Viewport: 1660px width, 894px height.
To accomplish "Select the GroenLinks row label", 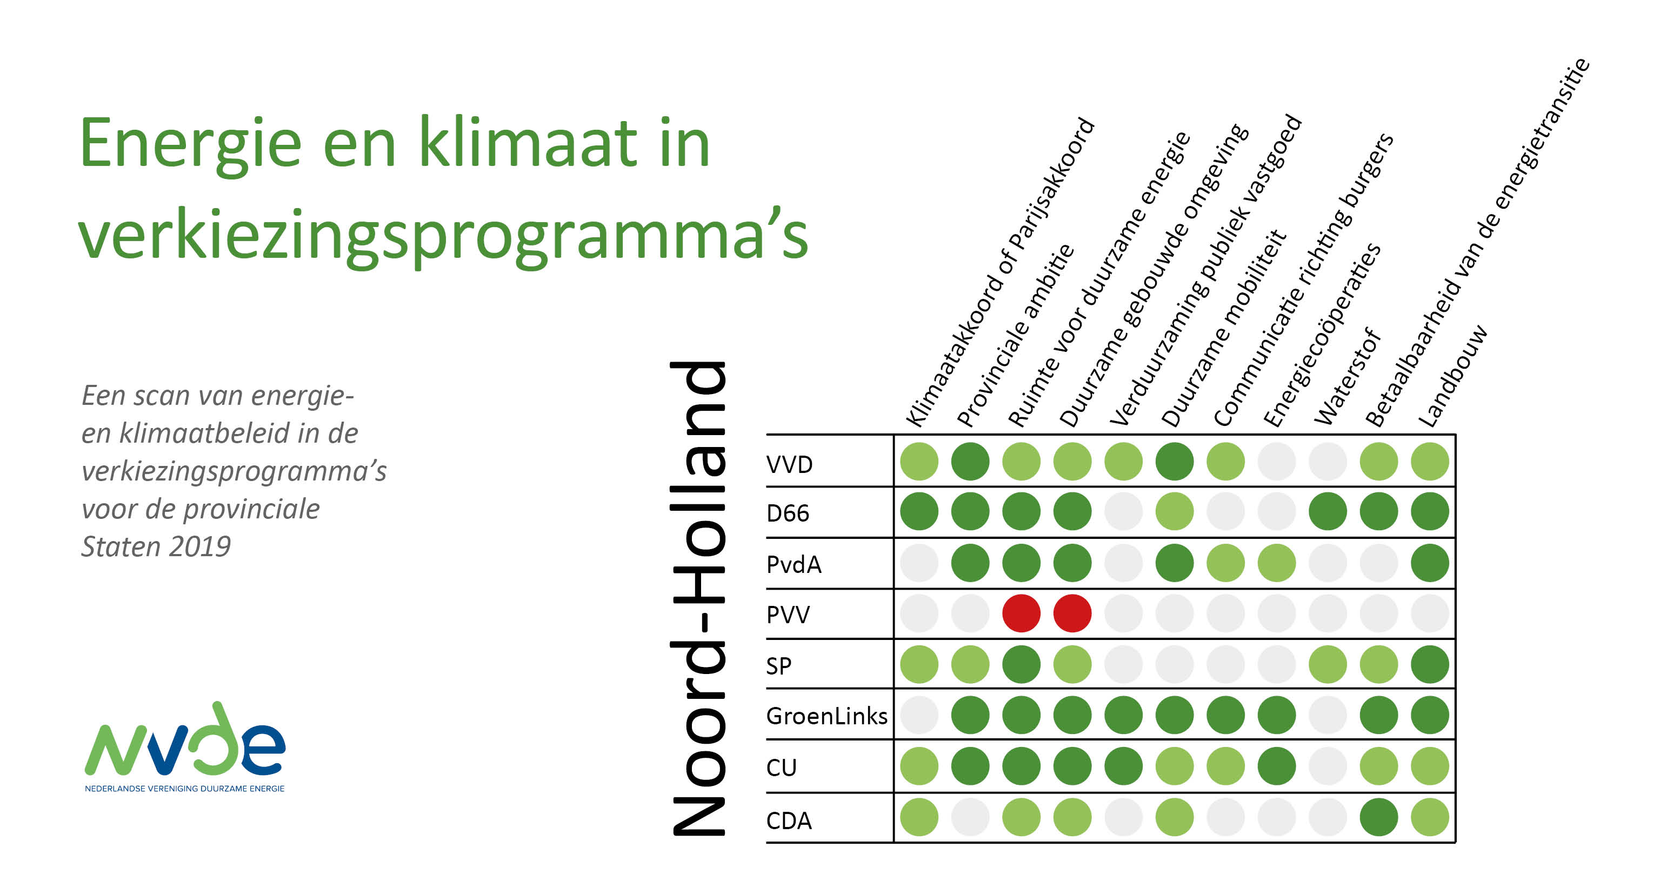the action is (x=827, y=716).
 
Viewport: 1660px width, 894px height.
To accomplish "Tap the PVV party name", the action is (x=788, y=614).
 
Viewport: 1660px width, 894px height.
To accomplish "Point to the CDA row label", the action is (x=789, y=820).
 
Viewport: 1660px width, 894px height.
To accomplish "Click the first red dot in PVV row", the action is (x=1022, y=613).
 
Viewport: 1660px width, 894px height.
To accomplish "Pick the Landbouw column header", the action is (x=1452, y=376).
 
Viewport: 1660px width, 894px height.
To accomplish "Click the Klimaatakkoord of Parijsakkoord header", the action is (x=1000, y=272).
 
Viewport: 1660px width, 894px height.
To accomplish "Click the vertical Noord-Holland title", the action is (x=698, y=599).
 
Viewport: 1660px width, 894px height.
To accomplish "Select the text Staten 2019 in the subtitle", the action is (x=156, y=546).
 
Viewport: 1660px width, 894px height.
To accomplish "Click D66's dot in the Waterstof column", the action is (x=1328, y=512).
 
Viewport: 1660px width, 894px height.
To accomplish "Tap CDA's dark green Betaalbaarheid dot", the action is (x=1379, y=817).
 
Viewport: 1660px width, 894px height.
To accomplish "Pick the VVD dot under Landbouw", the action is (x=1430, y=462).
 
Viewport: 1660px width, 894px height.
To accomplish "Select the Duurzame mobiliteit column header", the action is (x=1224, y=328).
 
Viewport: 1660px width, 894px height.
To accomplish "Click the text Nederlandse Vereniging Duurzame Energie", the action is (x=185, y=788).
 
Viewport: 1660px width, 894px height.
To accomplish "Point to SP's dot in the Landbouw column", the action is (x=1430, y=664).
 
